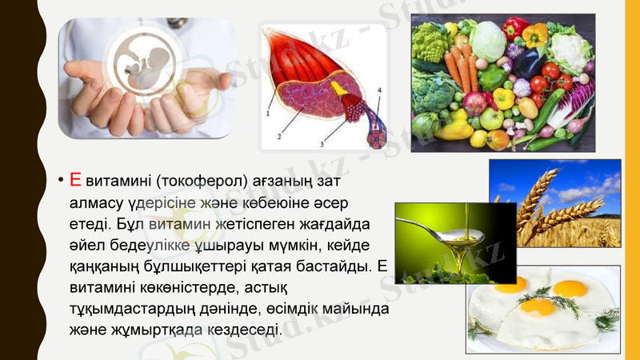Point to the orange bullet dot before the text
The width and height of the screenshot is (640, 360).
point(60,180)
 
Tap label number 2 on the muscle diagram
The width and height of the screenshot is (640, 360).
point(279,137)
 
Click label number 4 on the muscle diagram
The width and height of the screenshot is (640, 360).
point(379,90)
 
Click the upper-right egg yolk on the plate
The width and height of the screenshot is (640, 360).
point(570,289)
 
